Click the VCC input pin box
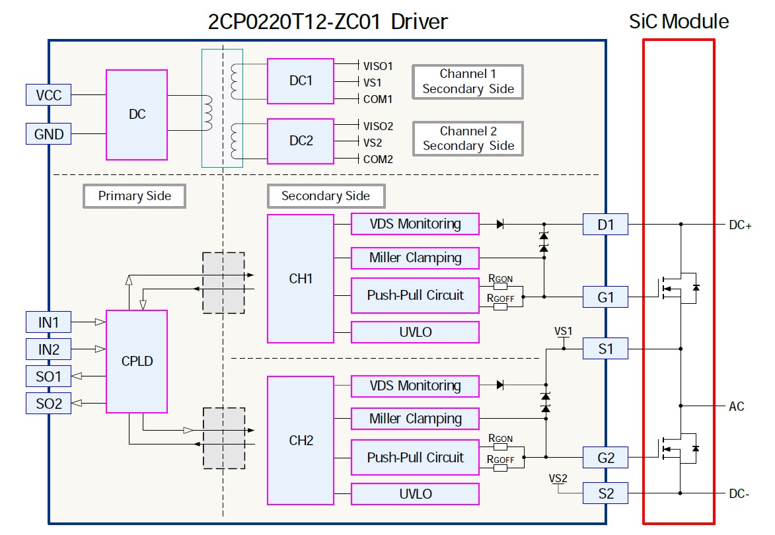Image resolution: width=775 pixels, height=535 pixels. click(x=48, y=95)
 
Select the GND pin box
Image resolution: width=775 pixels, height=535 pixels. click(x=48, y=134)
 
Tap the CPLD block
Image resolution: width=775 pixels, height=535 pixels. click(x=137, y=361)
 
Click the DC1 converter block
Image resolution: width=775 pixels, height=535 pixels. click(x=301, y=81)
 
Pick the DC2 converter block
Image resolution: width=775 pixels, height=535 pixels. click(x=301, y=141)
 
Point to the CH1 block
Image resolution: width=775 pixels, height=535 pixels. click(x=301, y=279)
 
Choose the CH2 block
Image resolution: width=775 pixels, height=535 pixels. click(x=301, y=441)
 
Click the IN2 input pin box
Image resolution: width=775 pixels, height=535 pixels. click(x=48, y=348)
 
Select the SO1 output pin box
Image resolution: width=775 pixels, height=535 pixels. click(x=48, y=376)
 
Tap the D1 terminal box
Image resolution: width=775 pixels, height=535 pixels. click(x=605, y=225)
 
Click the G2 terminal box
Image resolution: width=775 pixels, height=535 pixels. click(x=605, y=457)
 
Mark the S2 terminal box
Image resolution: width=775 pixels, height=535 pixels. click(x=605, y=493)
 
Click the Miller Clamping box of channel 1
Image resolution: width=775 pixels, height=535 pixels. click(x=415, y=258)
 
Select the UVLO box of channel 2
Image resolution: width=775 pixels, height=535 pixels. click(x=415, y=494)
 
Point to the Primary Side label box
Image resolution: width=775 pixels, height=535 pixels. click(x=134, y=196)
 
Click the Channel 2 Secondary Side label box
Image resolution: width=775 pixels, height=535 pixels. click(x=468, y=139)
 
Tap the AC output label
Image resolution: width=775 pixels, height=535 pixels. click(x=737, y=406)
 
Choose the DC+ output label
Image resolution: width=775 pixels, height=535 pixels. click(x=740, y=225)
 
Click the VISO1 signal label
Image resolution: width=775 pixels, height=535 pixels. click(x=378, y=66)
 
